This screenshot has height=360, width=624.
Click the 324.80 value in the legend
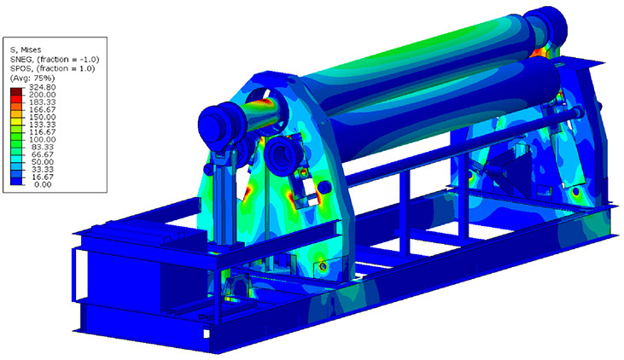click(42, 87)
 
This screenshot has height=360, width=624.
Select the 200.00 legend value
click(42, 95)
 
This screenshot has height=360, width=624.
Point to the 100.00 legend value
click(42, 140)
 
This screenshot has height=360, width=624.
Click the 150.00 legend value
click(42, 117)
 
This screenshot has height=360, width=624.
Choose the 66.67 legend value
click(43, 154)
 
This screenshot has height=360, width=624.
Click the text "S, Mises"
click(26, 49)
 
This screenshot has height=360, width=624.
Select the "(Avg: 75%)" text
click(32, 78)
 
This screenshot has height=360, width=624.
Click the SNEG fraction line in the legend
click(55, 59)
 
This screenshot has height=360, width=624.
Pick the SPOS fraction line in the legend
click(53, 68)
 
